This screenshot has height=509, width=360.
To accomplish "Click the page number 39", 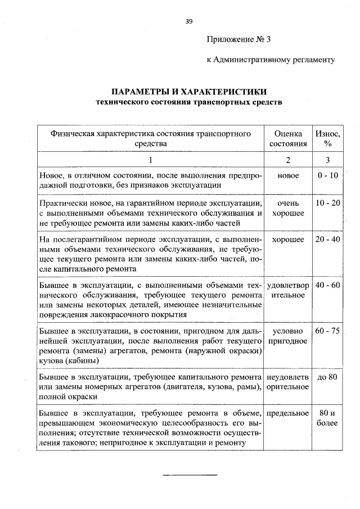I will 189,21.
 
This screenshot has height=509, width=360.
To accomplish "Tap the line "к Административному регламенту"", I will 271,59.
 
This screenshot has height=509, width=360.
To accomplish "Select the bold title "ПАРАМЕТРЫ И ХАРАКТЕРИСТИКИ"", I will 188,92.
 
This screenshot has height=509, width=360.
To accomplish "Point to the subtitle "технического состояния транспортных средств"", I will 188,102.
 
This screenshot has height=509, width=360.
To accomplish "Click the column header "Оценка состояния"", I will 288,138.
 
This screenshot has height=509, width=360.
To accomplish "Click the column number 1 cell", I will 150,160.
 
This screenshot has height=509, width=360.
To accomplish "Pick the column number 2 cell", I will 288,160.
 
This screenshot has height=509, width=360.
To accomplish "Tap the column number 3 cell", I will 327,160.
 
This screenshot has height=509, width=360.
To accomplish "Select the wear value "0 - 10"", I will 327,175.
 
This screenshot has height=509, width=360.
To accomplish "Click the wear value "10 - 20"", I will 327,202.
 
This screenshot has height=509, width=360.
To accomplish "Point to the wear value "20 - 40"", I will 327,240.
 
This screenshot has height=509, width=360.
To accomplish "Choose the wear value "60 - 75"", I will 327,331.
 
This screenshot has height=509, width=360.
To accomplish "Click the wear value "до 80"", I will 327,376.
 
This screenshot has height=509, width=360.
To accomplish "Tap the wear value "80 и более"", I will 327,417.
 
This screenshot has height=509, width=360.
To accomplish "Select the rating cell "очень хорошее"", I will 288,208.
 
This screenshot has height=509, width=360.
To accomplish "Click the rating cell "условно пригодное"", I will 288,336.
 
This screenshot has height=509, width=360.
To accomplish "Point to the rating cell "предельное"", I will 288,413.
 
